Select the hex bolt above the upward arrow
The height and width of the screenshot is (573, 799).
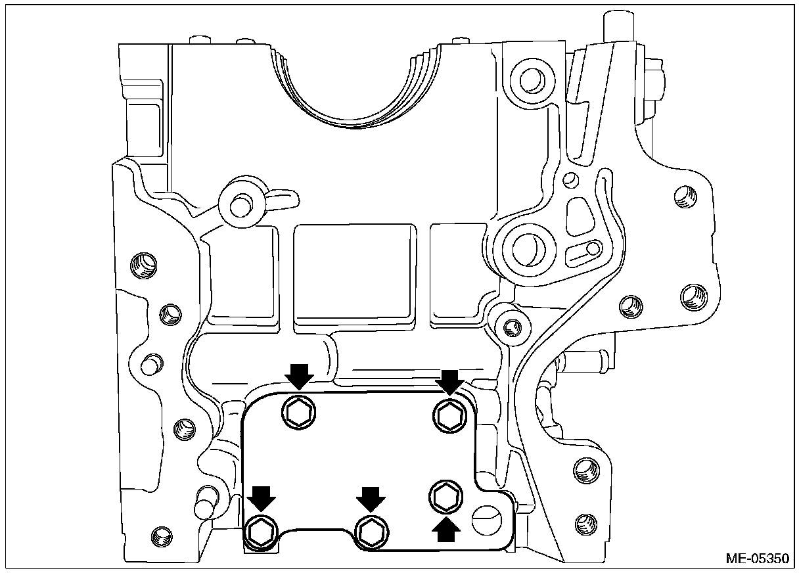[445, 495]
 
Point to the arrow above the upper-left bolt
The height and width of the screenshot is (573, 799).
[300, 377]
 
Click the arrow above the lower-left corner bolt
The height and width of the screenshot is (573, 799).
[262, 497]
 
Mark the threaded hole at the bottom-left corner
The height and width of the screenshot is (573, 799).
[160, 535]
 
